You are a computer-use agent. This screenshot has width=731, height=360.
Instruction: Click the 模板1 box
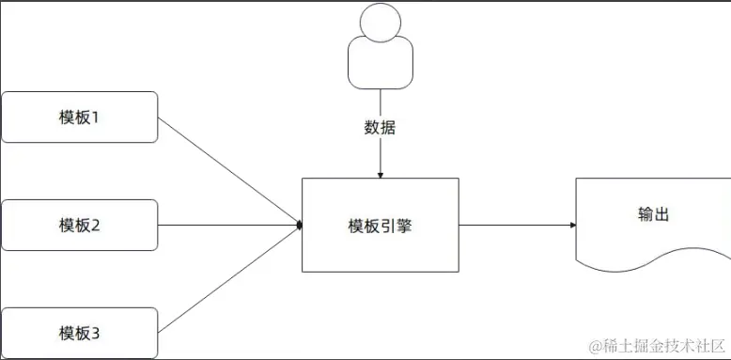pos(79,117)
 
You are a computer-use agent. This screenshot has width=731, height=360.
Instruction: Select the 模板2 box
pos(79,225)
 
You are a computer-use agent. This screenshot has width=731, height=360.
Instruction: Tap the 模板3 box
pos(79,332)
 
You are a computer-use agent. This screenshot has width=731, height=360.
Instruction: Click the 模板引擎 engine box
pos(380,225)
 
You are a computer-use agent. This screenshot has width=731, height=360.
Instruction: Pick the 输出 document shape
pos(648,221)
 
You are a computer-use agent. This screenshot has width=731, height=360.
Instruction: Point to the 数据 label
pos(380,128)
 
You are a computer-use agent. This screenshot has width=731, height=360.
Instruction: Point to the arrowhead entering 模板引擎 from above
pos(380,174)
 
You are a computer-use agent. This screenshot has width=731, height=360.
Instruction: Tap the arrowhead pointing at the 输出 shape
pos(571,225)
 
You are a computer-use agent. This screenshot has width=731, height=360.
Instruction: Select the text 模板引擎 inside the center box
pos(380,226)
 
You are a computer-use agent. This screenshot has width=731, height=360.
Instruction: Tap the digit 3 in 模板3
pos(95,333)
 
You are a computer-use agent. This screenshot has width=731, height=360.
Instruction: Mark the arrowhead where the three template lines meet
pos(299,225)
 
